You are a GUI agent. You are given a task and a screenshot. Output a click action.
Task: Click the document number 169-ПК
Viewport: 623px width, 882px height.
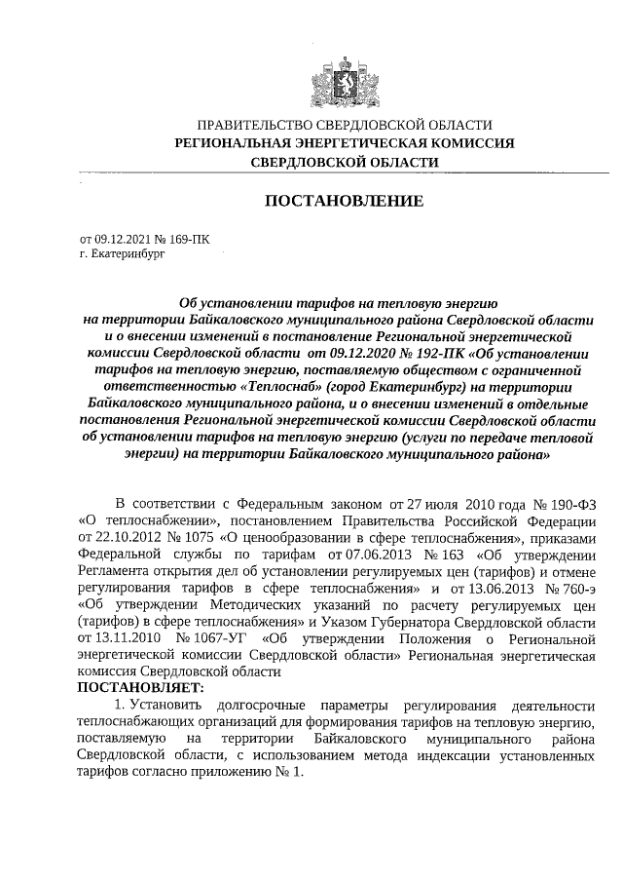pyautogui.click(x=187, y=237)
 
